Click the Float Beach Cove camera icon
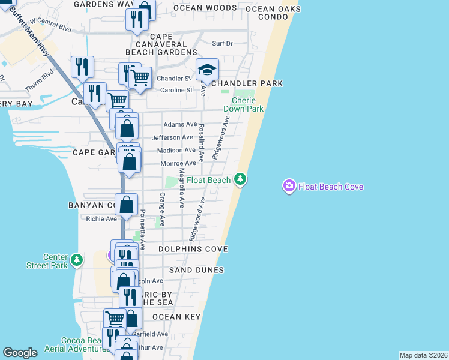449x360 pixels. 289,187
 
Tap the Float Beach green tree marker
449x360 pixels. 240,179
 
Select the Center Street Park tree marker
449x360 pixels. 76,259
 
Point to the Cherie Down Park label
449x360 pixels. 243,104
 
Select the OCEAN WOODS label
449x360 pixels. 205,8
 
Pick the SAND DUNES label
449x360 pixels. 196,270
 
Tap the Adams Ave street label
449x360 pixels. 181,124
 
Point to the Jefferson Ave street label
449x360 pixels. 172,137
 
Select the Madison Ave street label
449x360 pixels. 178,150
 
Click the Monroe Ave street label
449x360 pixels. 178,163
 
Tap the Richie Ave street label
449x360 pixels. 101,219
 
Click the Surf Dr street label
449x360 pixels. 222,43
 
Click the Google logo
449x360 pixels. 20,353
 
